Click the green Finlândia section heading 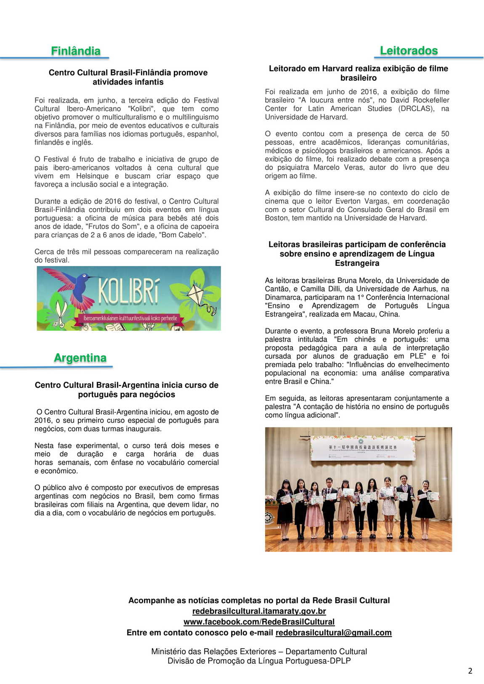point(76,51)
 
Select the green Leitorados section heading point(409,50)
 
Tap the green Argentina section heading point(80,358)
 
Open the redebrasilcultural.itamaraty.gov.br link point(259,611)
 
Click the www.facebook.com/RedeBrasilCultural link point(259,622)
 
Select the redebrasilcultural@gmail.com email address point(333,633)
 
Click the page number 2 point(470,671)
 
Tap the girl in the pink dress point(314,511)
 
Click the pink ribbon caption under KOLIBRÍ point(130,318)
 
